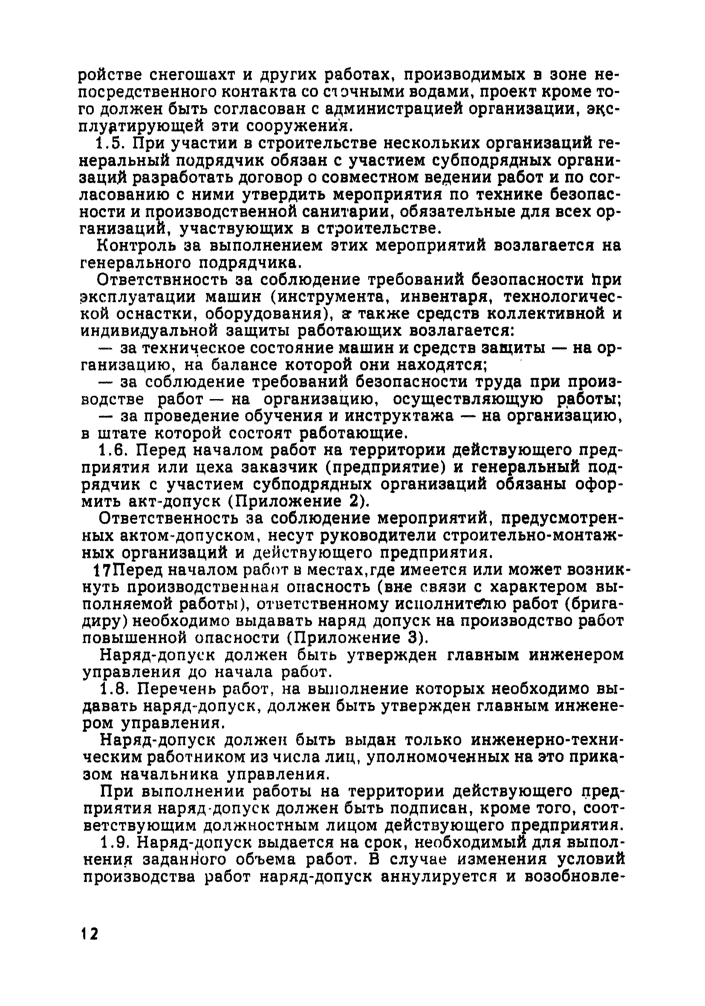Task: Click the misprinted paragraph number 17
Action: (102, 570)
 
